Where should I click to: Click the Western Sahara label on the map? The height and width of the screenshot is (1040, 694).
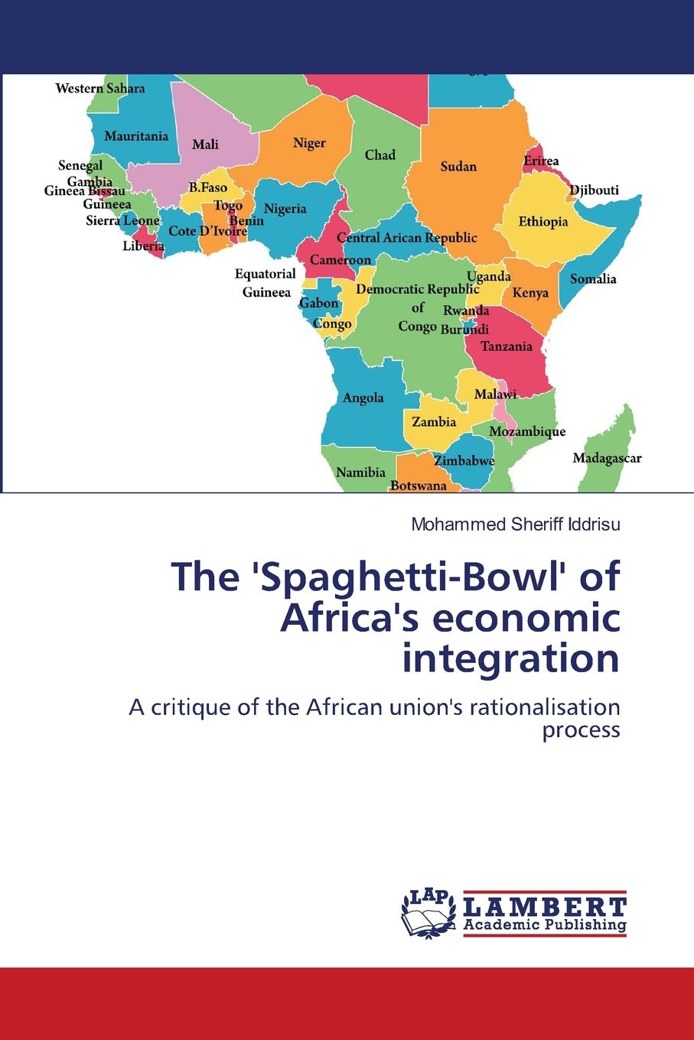[99, 89]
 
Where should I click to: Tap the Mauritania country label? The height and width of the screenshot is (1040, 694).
[136, 136]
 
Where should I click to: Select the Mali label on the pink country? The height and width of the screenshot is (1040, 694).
[205, 145]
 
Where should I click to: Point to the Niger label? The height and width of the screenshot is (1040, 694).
[309, 143]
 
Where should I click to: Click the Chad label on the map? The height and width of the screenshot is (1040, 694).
[380, 155]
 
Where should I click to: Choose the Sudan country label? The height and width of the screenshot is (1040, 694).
[458, 167]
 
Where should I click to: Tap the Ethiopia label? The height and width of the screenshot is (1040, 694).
[543, 222]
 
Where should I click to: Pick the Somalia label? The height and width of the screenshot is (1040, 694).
[593, 279]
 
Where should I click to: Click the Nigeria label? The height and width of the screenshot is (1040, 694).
[285, 209]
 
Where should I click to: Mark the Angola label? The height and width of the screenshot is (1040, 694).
[363, 398]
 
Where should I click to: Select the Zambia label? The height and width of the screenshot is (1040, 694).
[434, 422]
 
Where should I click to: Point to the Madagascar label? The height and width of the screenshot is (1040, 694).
[607, 459]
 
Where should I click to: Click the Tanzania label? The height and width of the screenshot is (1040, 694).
[506, 346]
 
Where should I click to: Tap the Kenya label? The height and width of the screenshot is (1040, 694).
[530, 293]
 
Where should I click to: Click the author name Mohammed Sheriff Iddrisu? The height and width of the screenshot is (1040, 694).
[516, 525]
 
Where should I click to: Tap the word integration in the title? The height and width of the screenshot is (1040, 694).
[510, 658]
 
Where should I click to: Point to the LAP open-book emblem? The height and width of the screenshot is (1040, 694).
[428, 914]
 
